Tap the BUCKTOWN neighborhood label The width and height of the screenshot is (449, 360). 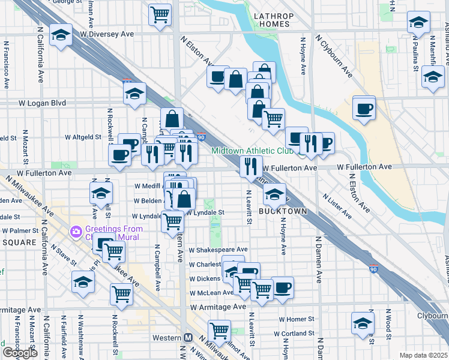283,212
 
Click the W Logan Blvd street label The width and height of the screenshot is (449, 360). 42,103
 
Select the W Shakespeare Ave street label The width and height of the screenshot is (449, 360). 218,250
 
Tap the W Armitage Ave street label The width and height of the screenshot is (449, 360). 218,307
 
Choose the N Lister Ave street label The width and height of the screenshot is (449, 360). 337,205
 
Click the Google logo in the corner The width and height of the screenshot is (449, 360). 20,353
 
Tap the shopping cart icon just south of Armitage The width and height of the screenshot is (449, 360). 220,330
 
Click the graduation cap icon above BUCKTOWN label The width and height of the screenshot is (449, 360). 274,194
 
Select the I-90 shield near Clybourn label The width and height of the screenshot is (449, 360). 373,268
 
